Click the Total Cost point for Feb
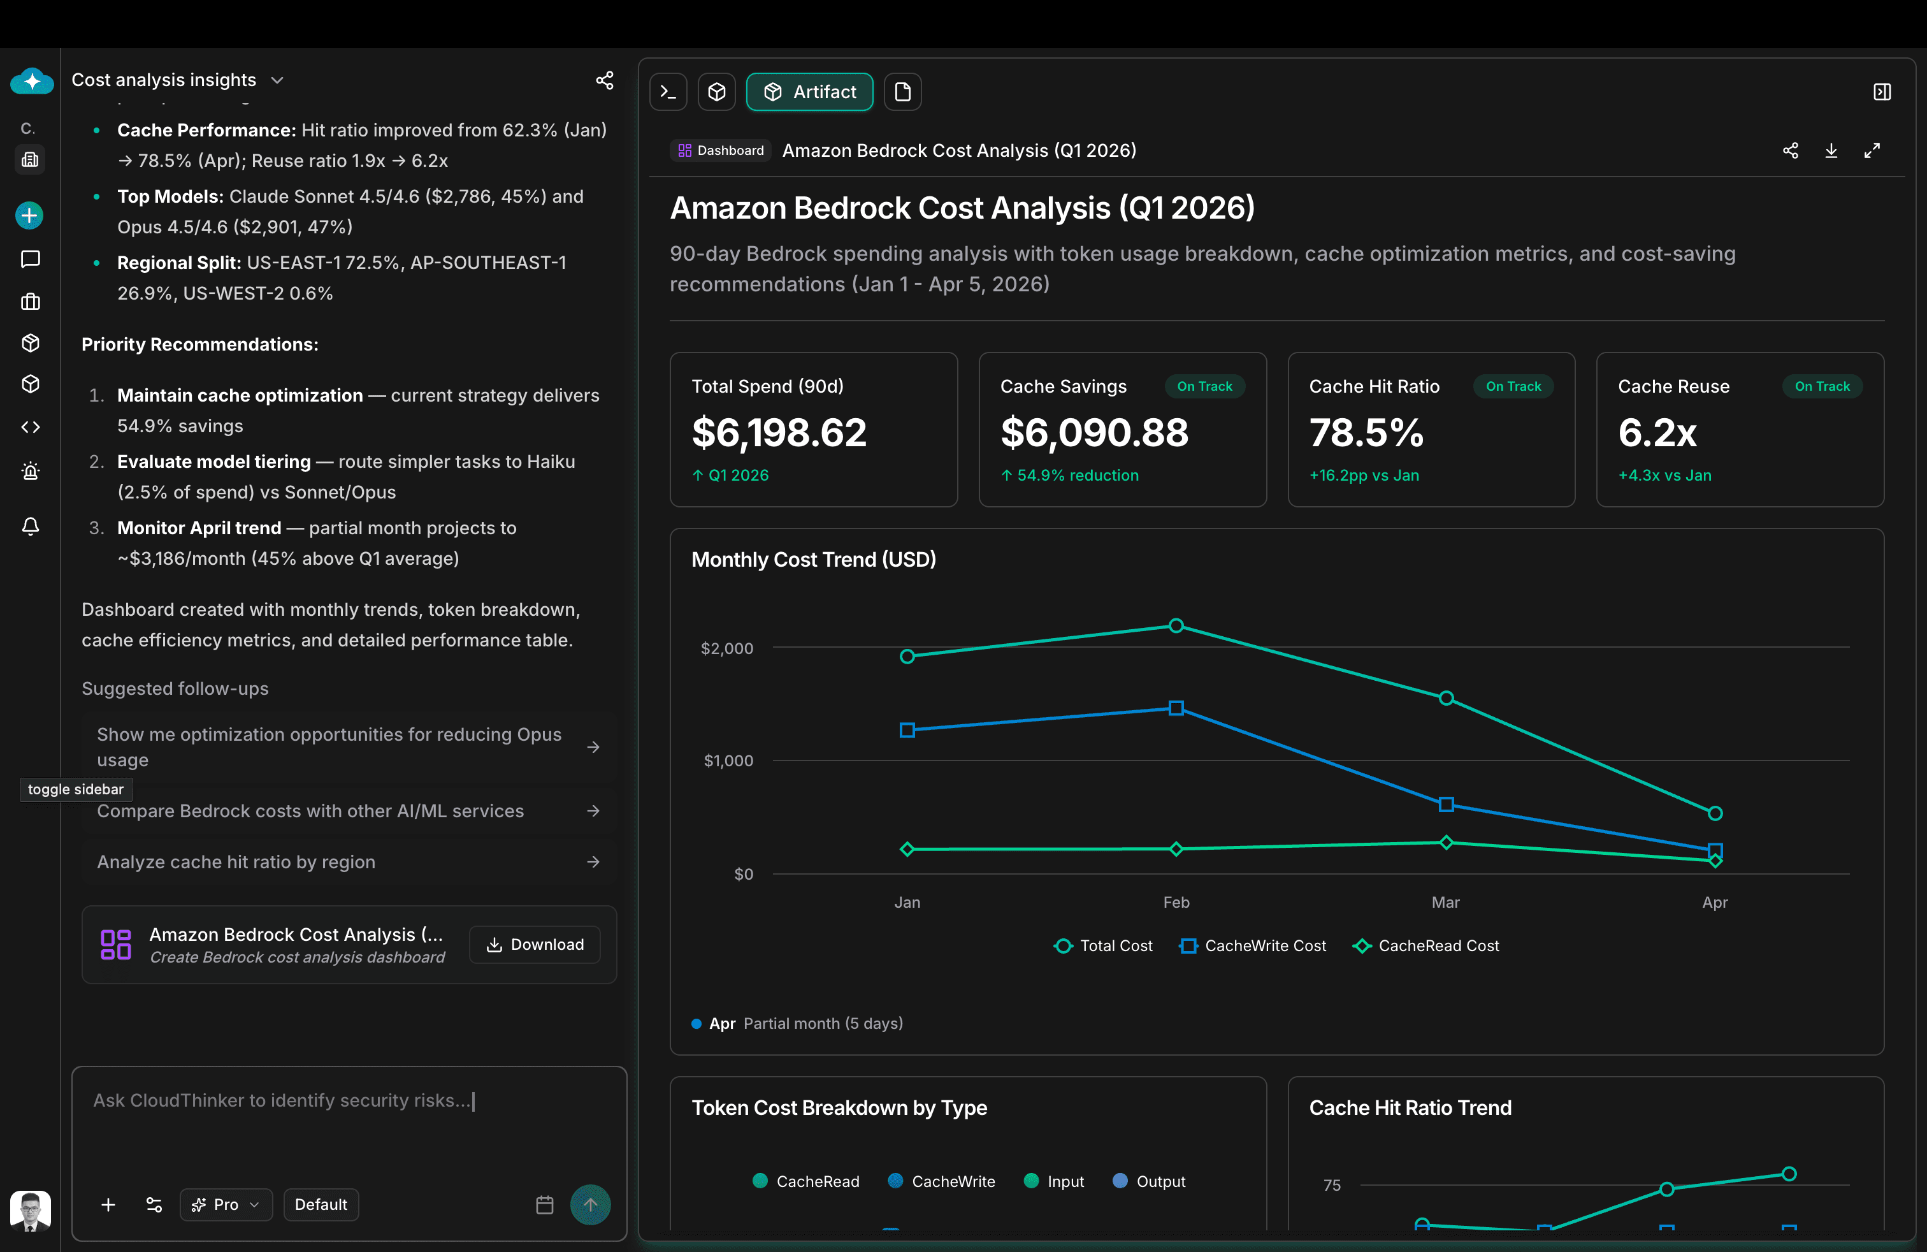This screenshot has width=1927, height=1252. click(x=1176, y=625)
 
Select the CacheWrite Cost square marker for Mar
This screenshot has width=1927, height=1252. click(x=1446, y=804)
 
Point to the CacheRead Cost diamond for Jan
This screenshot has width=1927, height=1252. click(x=907, y=848)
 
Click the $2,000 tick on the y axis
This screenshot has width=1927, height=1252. click(x=726, y=648)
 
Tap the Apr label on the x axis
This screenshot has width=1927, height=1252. click(x=1714, y=902)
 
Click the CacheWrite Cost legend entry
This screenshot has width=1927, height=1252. click(x=1253, y=945)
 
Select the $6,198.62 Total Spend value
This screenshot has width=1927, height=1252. click(x=779, y=432)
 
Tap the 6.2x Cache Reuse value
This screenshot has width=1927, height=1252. click(x=1657, y=432)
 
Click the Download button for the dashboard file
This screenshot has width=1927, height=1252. click(x=535, y=944)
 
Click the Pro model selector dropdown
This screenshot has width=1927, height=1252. click(x=226, y=1204)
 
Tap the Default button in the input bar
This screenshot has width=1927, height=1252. click(x=321, y=1204)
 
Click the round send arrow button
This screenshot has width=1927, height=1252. click(x=590, y=1204)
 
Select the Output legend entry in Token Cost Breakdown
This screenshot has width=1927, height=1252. click(x=1149, y=1181)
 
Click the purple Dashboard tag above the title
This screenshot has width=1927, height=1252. click(x=721, y=150)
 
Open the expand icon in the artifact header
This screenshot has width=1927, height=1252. click(x=1872, y=150)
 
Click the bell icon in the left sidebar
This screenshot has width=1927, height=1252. click(x=30, y=527)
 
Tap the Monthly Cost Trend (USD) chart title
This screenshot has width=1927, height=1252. click(x=813, y=560)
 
